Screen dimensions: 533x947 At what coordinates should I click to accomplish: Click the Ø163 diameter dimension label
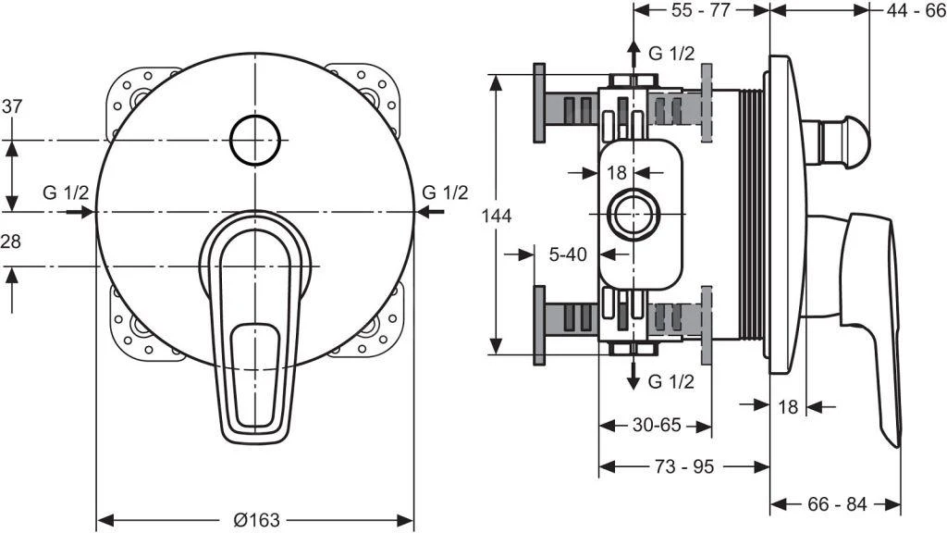coord(256,520)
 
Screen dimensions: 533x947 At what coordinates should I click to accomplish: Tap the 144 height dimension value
coord(498,215)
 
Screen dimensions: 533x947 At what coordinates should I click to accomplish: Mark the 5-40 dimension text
coord(566,253)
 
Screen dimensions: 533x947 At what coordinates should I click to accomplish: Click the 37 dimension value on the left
coord(12,105)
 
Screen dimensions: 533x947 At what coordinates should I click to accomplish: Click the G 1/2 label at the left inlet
coord(66,192)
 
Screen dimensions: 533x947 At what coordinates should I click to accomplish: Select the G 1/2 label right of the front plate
coord(445,192)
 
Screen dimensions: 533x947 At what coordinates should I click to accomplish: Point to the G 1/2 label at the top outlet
coord(671,54)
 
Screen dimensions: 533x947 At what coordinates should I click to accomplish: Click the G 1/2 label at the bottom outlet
coord(671,381)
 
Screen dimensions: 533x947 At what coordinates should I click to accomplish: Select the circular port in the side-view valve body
coord(633,215)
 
